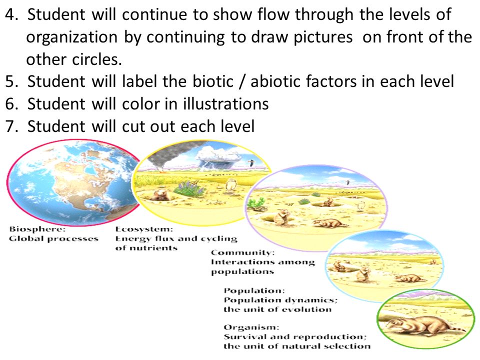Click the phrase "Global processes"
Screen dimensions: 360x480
click(53, 238)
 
